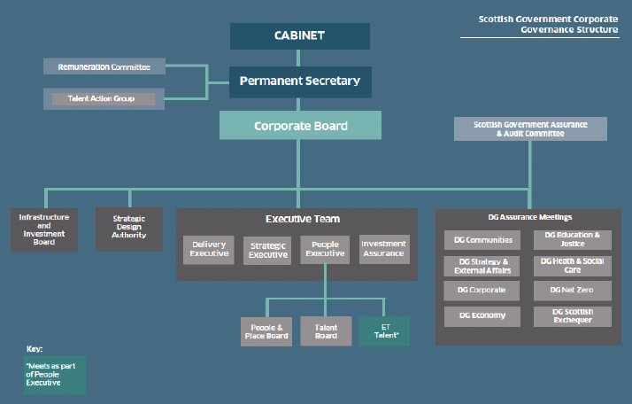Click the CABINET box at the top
click(300, 36)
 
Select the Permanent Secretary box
click(300, 82)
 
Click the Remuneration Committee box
click(104, 66)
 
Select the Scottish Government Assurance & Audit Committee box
click(530, 128)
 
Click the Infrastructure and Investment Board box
click(38, 229)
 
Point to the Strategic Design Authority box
click(129, 229)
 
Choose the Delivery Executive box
click(209, 250)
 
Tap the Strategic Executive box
click(268, 250)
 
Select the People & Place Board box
click(266, 330)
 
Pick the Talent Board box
click(326, 330)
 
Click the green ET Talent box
click(384, 330)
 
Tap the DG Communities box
click(482, 239)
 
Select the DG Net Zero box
click(572, 290)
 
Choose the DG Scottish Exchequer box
click(572, 316)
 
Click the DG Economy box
click(482, 316)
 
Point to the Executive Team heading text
click(302, 219)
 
